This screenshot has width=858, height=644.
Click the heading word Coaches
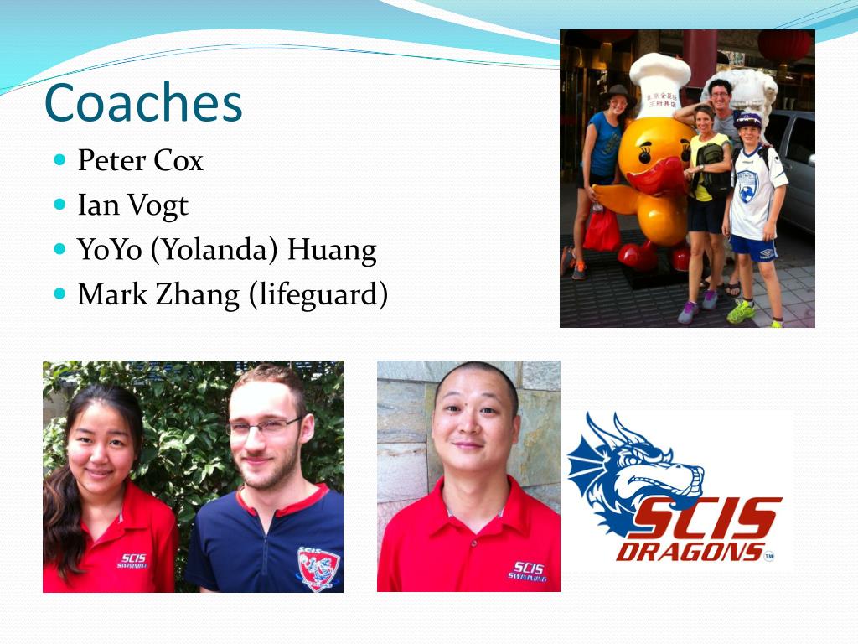tap(143, 103)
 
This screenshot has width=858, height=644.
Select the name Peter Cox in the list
tap(140, 160)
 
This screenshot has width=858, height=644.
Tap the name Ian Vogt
tap(132, 205)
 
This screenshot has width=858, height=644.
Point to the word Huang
tap(332, 250)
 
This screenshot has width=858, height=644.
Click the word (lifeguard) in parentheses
tap(318, 295)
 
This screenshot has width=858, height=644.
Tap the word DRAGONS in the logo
tap(689, 551)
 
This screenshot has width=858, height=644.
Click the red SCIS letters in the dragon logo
tap(704, 517)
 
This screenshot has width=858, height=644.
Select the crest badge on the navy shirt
tap(318, 569)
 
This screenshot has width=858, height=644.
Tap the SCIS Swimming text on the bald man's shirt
tap(526, 571)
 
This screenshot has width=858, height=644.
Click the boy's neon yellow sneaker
tap(741, 312)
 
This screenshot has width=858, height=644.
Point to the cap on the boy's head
tap(747, 120)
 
